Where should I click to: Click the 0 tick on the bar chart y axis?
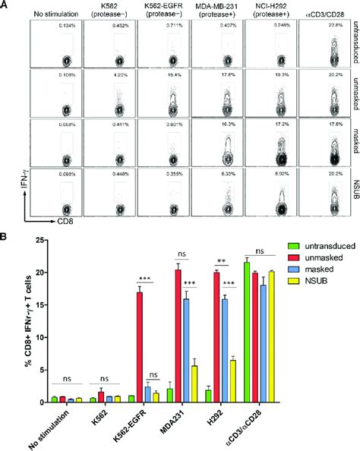point(41,402)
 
